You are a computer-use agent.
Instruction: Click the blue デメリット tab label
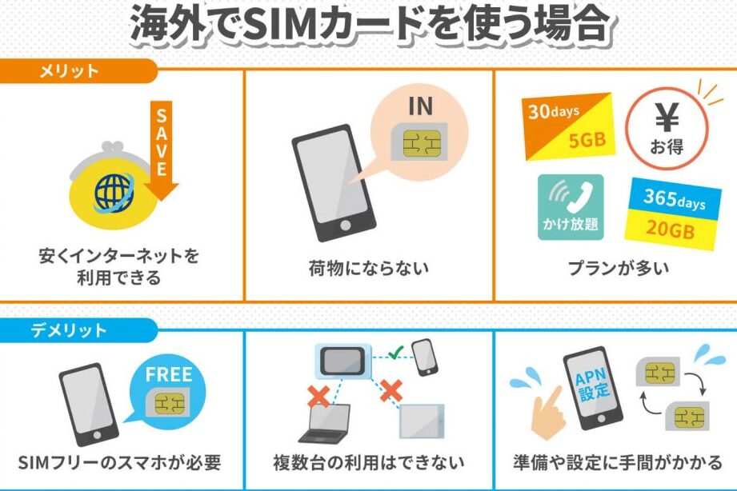[x=73, y=329]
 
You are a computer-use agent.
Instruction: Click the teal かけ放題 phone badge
[x=570, y=206]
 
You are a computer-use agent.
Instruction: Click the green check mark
[x=393, y=352]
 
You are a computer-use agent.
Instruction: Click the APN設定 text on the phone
[x=592, y=381]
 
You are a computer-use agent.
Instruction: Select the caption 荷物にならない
[x=368, y=269]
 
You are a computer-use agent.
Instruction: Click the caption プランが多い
[x=615, y=269]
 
